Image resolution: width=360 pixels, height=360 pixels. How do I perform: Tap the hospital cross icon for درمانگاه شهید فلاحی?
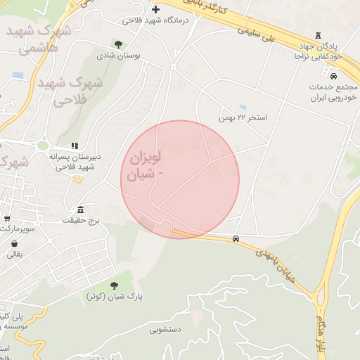(x=155, y=10)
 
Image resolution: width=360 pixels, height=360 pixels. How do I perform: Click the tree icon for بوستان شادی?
(x=117, y=44)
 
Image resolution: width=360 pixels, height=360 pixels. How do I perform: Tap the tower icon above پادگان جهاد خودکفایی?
(x=319, y=34)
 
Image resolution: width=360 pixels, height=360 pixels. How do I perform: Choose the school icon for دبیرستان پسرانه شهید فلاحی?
(x=75, y=146)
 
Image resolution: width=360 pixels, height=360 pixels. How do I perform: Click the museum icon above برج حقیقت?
(x=81, y=210)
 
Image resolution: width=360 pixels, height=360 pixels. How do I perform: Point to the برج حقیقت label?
(x=81, y=220)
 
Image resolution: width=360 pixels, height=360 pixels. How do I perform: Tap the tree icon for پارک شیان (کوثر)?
(x=114, y=285)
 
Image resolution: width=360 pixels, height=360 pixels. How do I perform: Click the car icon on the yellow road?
(x=236, y=239)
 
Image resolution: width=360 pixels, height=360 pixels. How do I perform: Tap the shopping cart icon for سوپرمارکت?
(x=7, y=219)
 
